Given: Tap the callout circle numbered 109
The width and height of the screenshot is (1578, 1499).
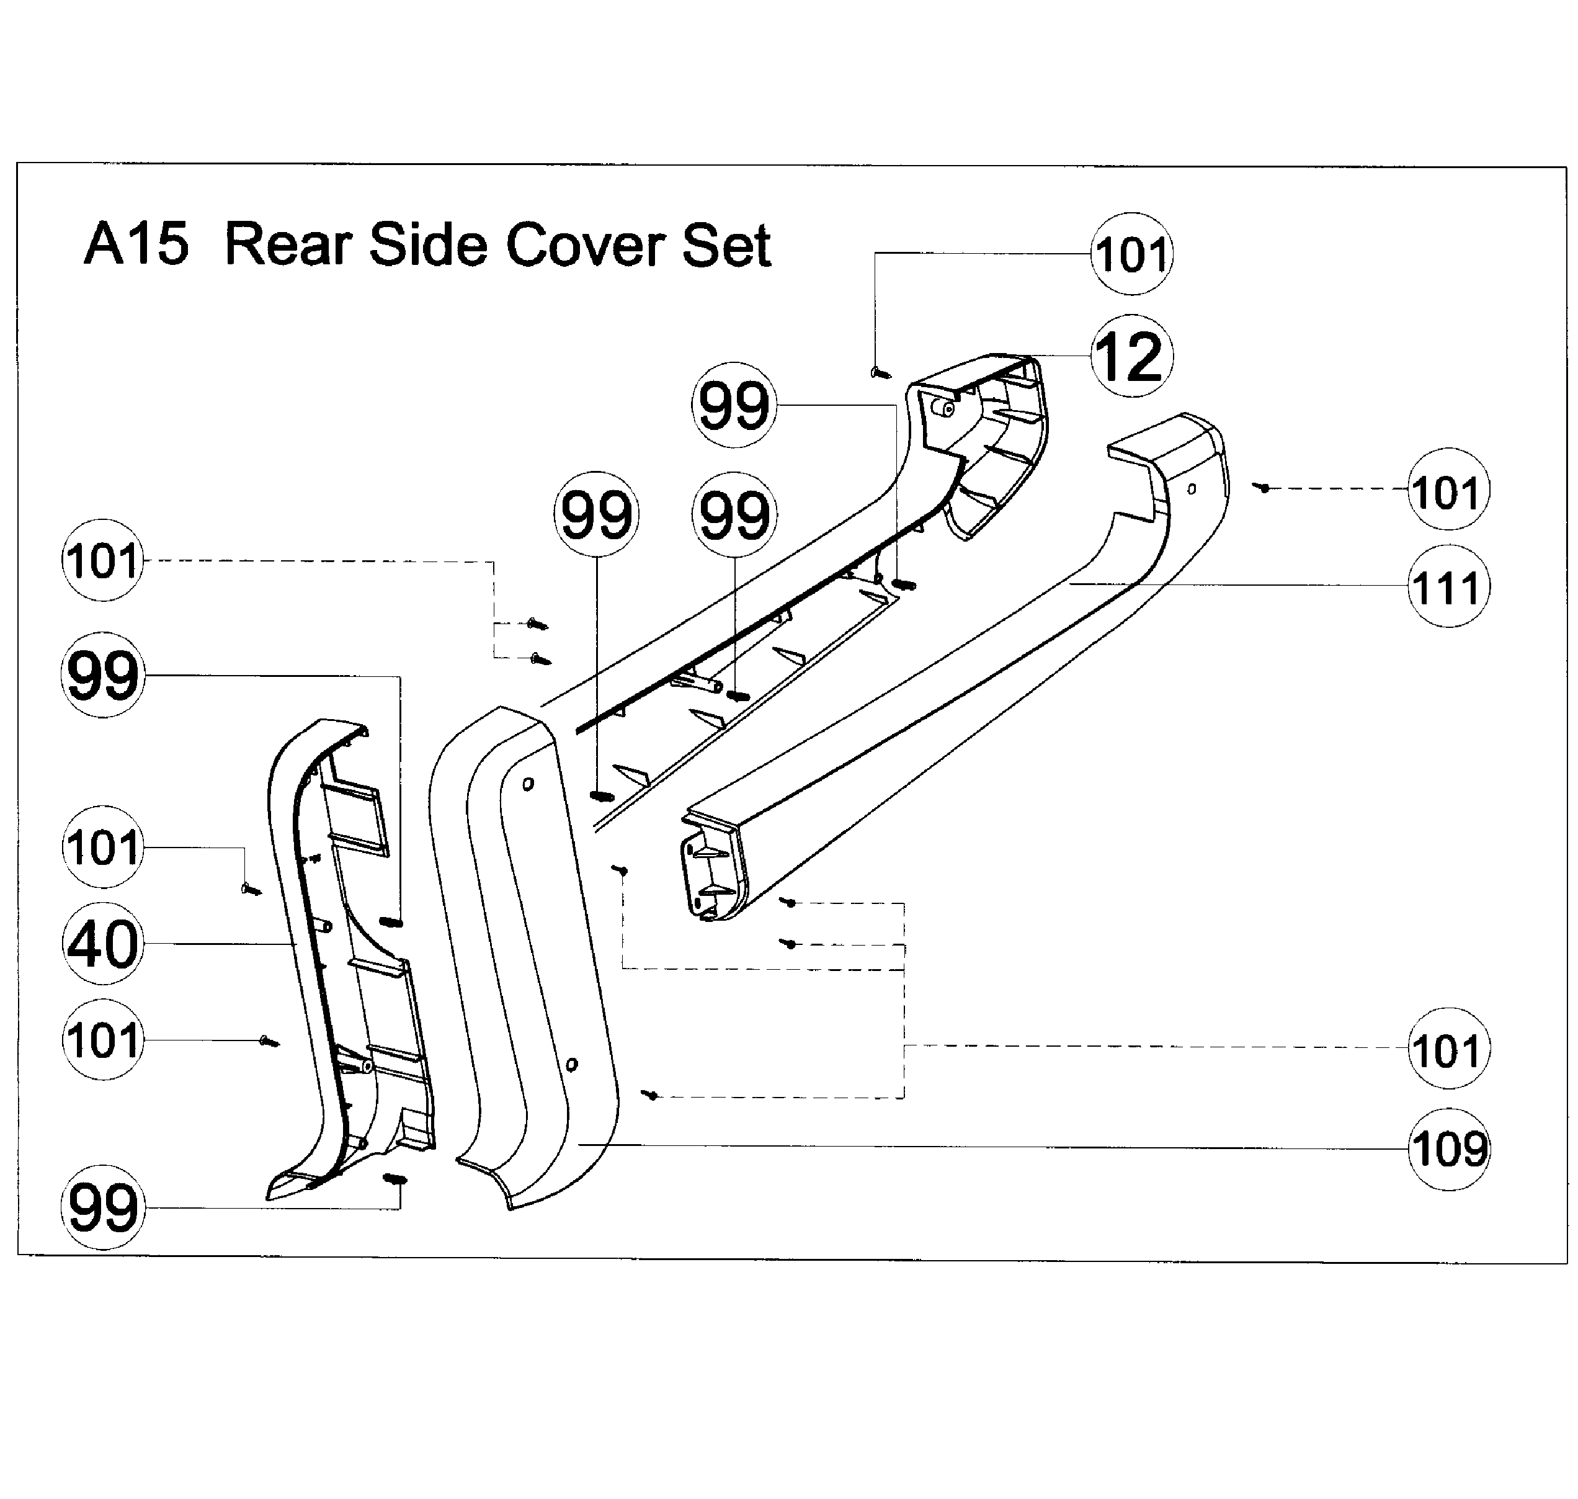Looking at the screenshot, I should pos(1447,1149).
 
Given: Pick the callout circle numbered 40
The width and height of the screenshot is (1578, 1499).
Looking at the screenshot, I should pos(102,944).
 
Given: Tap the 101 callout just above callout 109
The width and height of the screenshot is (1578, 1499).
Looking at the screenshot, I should pos(1447,1049).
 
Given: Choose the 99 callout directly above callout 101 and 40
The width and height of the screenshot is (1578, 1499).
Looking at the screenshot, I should pos(102,675).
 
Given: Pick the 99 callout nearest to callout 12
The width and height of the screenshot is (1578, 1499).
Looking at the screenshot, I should pos(733,405).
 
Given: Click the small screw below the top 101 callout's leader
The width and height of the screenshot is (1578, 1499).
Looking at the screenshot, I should pos(879,372).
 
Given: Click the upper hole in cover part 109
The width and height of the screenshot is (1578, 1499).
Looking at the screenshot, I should pos(527,785).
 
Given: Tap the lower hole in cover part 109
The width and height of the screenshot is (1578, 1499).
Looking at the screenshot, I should pos(571,1064).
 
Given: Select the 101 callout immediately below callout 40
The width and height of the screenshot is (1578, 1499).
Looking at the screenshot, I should pos(102,1040).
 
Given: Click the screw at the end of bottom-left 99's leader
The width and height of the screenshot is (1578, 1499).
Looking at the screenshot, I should pos(396,1179).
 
